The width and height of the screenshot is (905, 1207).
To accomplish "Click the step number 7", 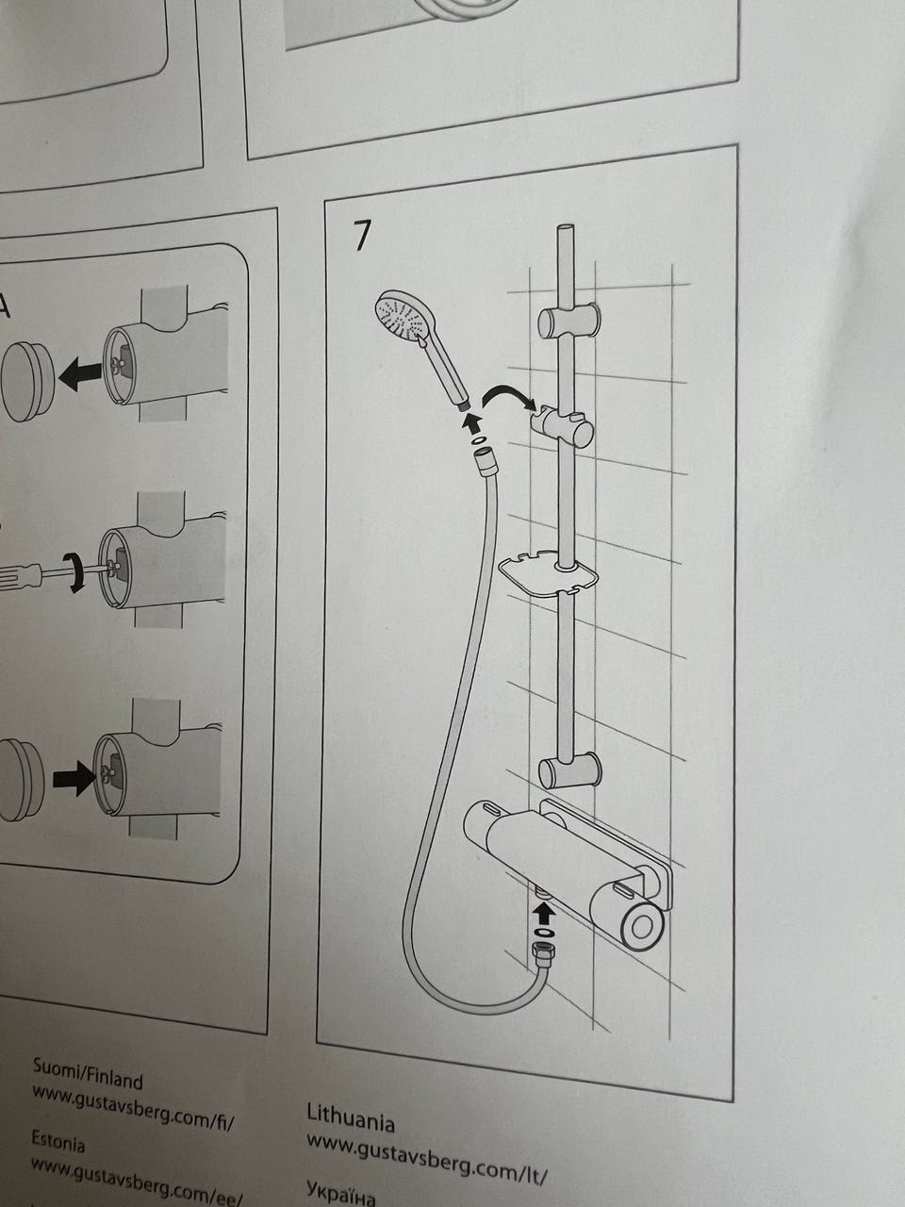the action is [x=361, y=236].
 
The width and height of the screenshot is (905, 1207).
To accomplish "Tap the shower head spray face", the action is [x=398, y=317].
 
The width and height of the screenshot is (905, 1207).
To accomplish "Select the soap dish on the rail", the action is [x=547, y=574].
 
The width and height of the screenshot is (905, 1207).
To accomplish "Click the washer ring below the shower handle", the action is [x=476, y=440].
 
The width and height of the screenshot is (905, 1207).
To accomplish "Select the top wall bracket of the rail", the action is [x=568, y=322].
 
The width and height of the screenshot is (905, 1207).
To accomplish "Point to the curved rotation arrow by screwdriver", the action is [x=75, y=573].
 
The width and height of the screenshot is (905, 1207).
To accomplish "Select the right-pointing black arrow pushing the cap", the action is [x=74, y=779].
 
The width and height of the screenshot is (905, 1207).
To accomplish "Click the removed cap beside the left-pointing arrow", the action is [x=27, y=382].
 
